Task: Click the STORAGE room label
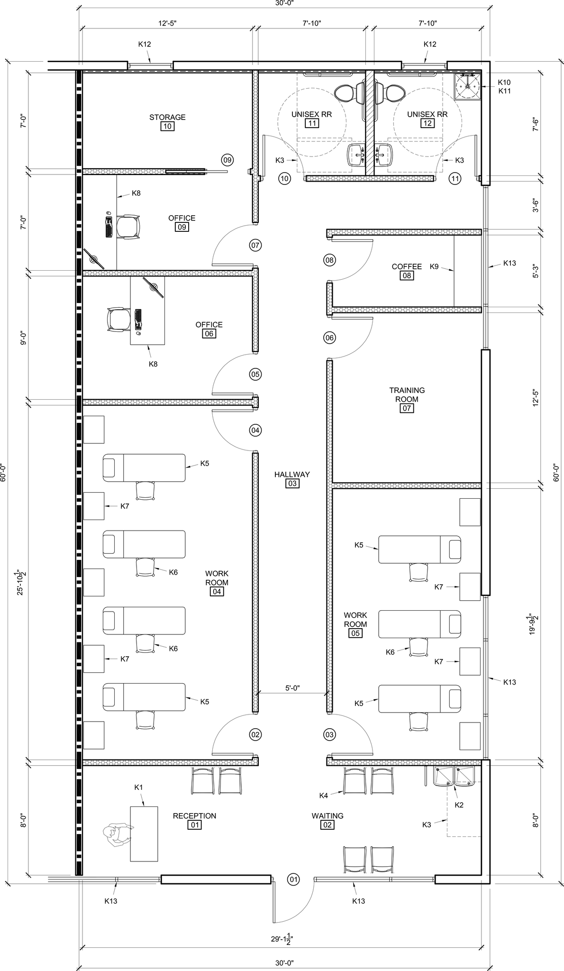pos(167,117)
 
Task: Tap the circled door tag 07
pos(255,245)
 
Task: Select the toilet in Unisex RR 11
pos(345,92)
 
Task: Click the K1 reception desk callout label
pos(138,787)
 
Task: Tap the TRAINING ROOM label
pos(407,394)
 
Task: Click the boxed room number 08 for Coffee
pos(407,275)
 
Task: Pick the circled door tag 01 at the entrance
pos(294,879)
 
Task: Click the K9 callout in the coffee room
pos(434,266)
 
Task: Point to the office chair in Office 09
pos(129,228)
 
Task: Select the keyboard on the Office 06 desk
pos(138,319)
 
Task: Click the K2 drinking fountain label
pos(459,805)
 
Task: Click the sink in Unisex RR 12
pos(383,155)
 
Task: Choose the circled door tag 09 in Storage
pos(227,160)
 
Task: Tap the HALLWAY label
pos(292,474)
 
